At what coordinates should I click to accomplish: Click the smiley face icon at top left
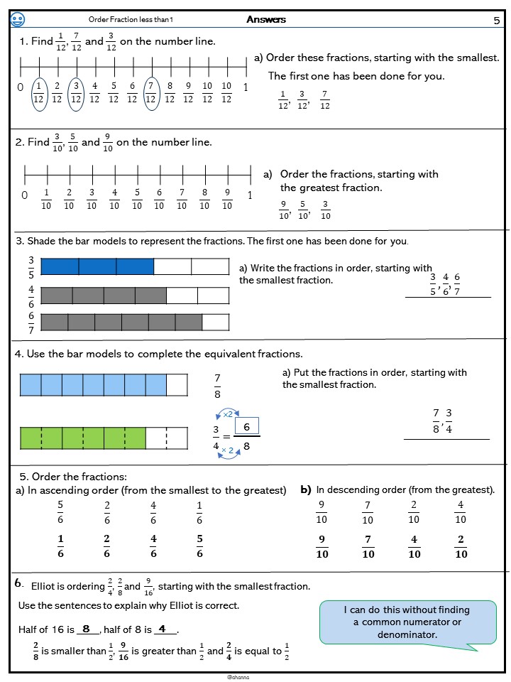pyautogui.click(x=18, y=20)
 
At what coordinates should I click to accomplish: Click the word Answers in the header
pyautogui.click(x=266, y=20)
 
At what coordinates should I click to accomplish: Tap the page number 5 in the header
pyautogui.click(x=497, y=21)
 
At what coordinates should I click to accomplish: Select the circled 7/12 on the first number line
pyautogui.click(x=150, y=92)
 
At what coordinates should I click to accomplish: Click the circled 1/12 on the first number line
pyautogui.click(x=38, y=92)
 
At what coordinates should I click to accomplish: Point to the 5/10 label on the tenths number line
pyautogui.click(x=137, y=199)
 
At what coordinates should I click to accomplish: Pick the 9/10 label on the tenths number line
pyautogui.click(x=227, y=199)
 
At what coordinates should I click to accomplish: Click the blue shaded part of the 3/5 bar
pyautogui.click(x=97, y=266)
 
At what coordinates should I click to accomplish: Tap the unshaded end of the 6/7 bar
pyautogui.click(x=216, y=322)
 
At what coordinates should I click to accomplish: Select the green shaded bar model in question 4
pyautogui.click(x=82, y=438)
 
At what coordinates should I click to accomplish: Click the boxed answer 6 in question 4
pyautogui.click(x=247, y=427)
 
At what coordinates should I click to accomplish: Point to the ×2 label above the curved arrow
pyautogui.click(x=228, y=413)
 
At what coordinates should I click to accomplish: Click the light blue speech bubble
pyautogui.click(x=407, y=622)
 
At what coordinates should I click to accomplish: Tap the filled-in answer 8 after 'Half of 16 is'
pyautogui.click(x=87, y=629)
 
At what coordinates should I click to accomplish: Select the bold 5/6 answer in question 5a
pyautogui.click(x=199, y=546)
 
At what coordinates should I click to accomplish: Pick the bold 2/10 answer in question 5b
pyautogui.click(x=461, y=546)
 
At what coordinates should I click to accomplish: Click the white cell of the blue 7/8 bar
pyautogui.click(x=177, y=385)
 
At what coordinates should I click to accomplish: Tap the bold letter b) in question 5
pyautogui.click(x=306, y=489)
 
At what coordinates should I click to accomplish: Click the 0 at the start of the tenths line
pyautogui.click(x=25, y=195)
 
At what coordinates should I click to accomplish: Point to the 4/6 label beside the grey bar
pyautogui.click(x=31, y=296)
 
